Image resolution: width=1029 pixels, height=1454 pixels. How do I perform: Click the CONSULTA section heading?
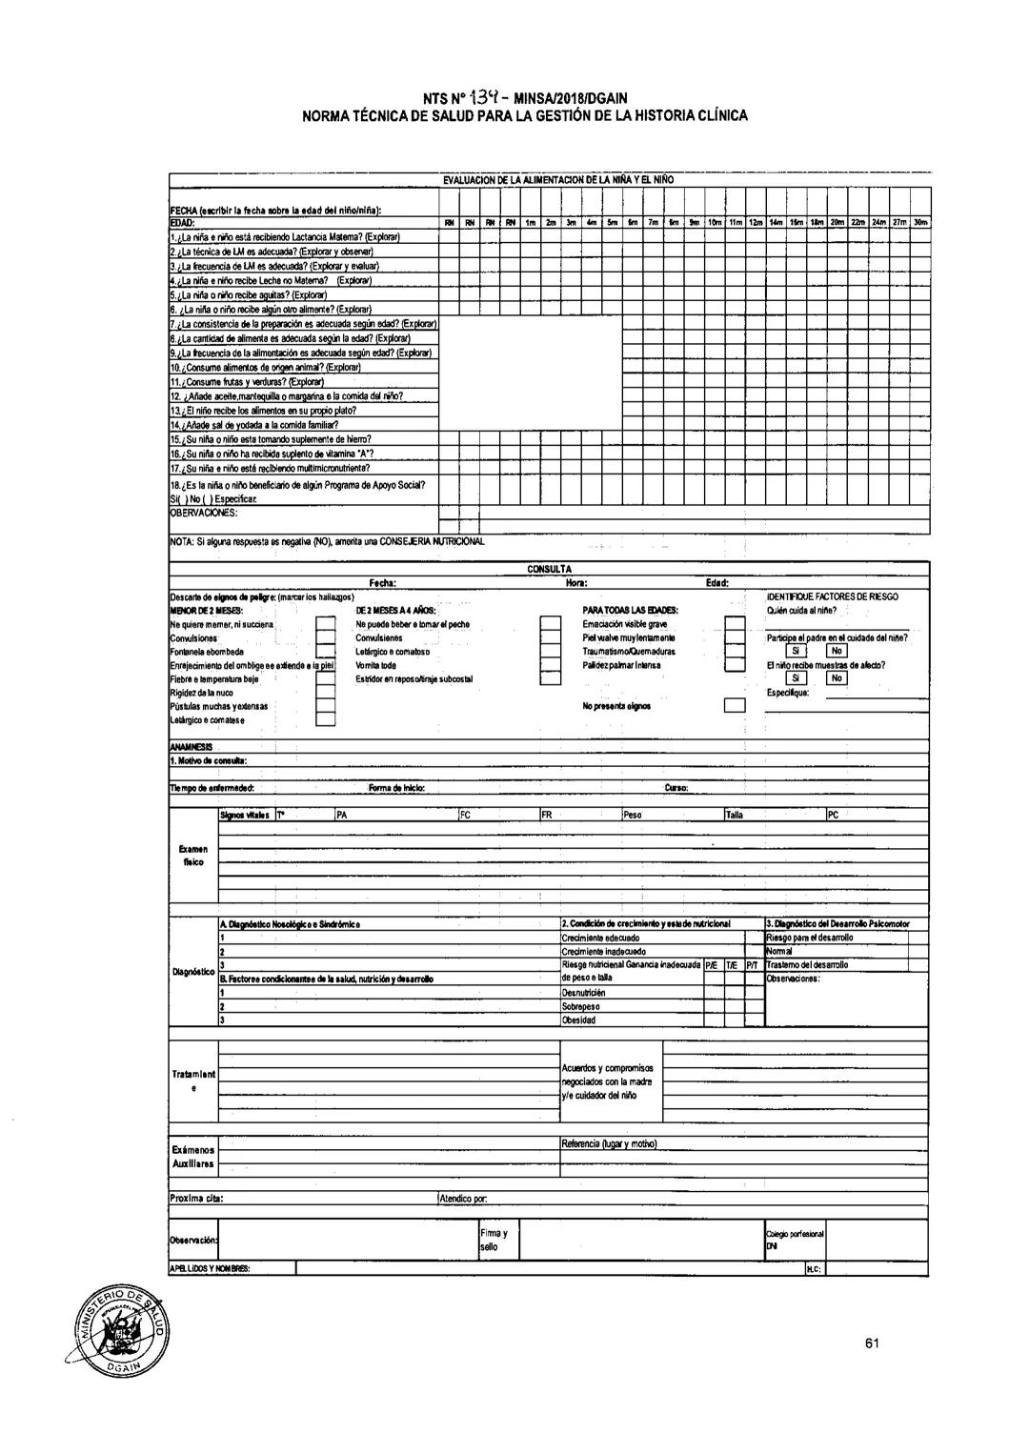pyautogui.click(x=549, y=569)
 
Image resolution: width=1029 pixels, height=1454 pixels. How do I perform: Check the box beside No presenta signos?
pyautogui.click(x=734, y=706)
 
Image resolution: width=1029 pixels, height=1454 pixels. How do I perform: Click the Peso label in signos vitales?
pyautogui.click(x=633, y=815)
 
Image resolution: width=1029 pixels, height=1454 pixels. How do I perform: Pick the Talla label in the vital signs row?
pyautogui.click(x=735, y=815)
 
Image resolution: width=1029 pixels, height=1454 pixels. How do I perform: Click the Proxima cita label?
pyautogui.click(x=196, y=1198)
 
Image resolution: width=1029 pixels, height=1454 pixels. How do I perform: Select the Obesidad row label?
pyautogui.click(x=578, y=1020)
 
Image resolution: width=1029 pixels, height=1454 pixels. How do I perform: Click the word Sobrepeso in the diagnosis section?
pyautogui.click(x=580, y=1006)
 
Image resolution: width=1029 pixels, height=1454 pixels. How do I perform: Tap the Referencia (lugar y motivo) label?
pyautogui.click(x=610, y=1143)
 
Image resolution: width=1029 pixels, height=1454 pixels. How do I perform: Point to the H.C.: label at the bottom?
pyautogui.click(x=814, y=1269)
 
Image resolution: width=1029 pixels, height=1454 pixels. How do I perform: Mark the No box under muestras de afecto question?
pyautogui.click(x=836, y=678)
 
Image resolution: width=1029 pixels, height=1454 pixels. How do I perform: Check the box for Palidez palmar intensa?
pyautogui.click(x=734, y=665)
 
